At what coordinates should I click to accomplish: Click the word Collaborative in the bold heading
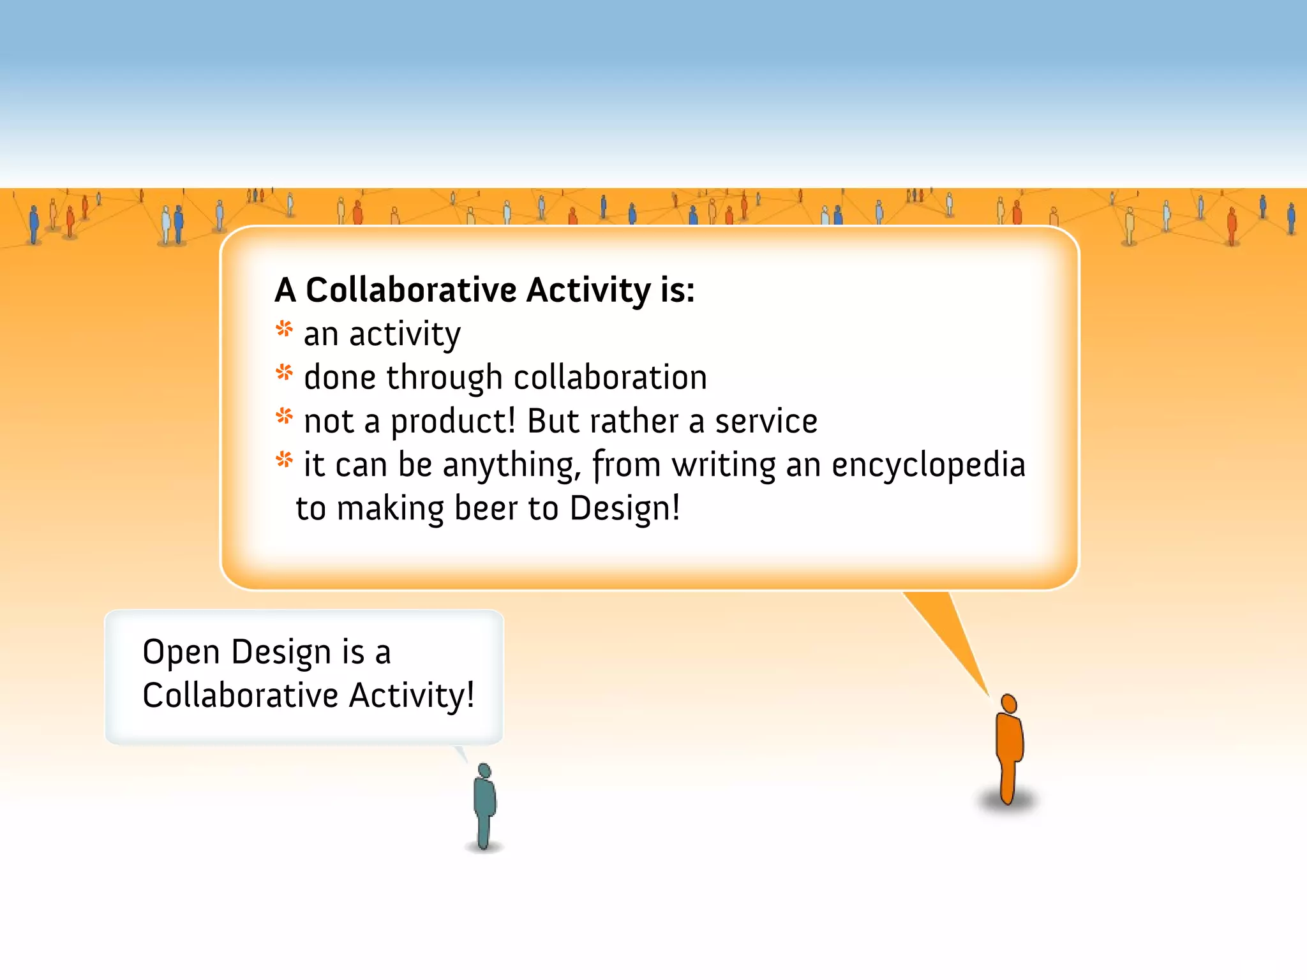410,290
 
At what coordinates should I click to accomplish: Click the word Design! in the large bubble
625,509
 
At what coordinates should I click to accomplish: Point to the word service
766,422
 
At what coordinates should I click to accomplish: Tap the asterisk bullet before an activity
285,330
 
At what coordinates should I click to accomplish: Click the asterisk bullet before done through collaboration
285,373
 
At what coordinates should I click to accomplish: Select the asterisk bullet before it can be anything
285,459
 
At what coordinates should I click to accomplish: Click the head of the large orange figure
1008,704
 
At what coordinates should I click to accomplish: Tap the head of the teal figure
484,771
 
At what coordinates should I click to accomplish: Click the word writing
724,465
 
